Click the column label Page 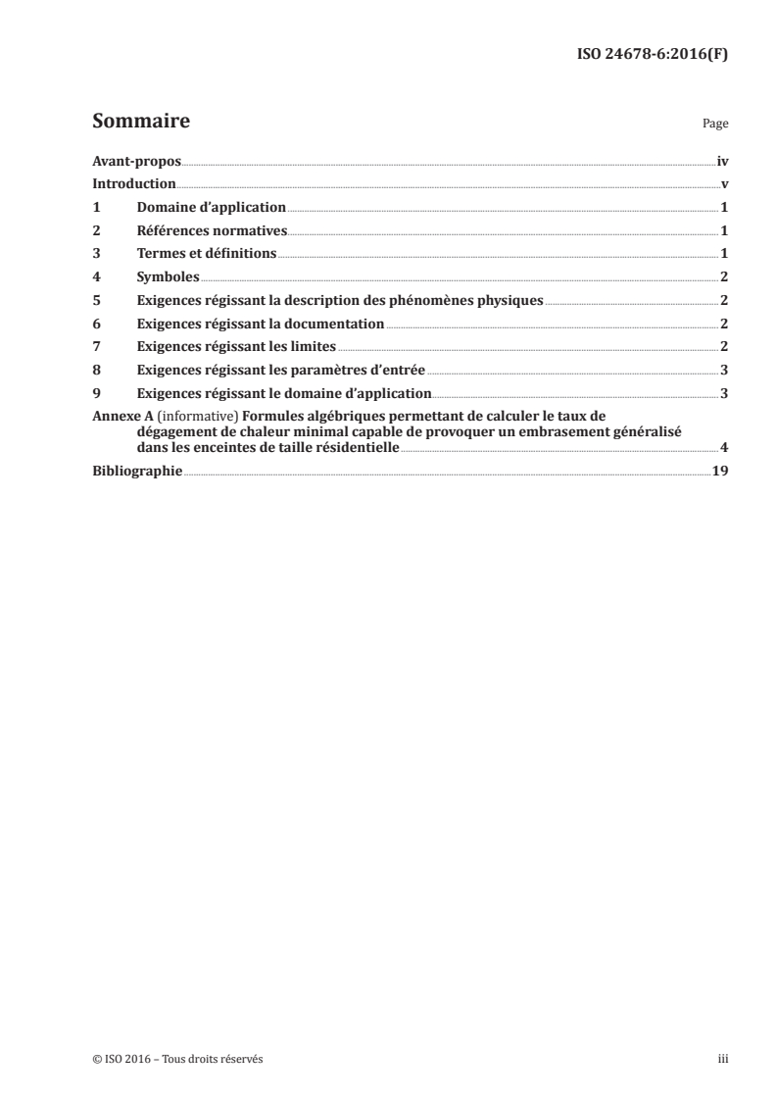[x=715, y=125]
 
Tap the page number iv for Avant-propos [x=721, y=161]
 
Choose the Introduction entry [x=133, y=184]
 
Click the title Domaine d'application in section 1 [x=211, y=208]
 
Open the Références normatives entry [x=211, y=231]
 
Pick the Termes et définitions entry [x=207, y=254]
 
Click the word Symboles [x=168, y=277]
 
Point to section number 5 [x=95, y=301]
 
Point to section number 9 [x=95, y=394]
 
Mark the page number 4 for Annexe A [x=723, y=448]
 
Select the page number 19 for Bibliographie [x=720, y=472]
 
